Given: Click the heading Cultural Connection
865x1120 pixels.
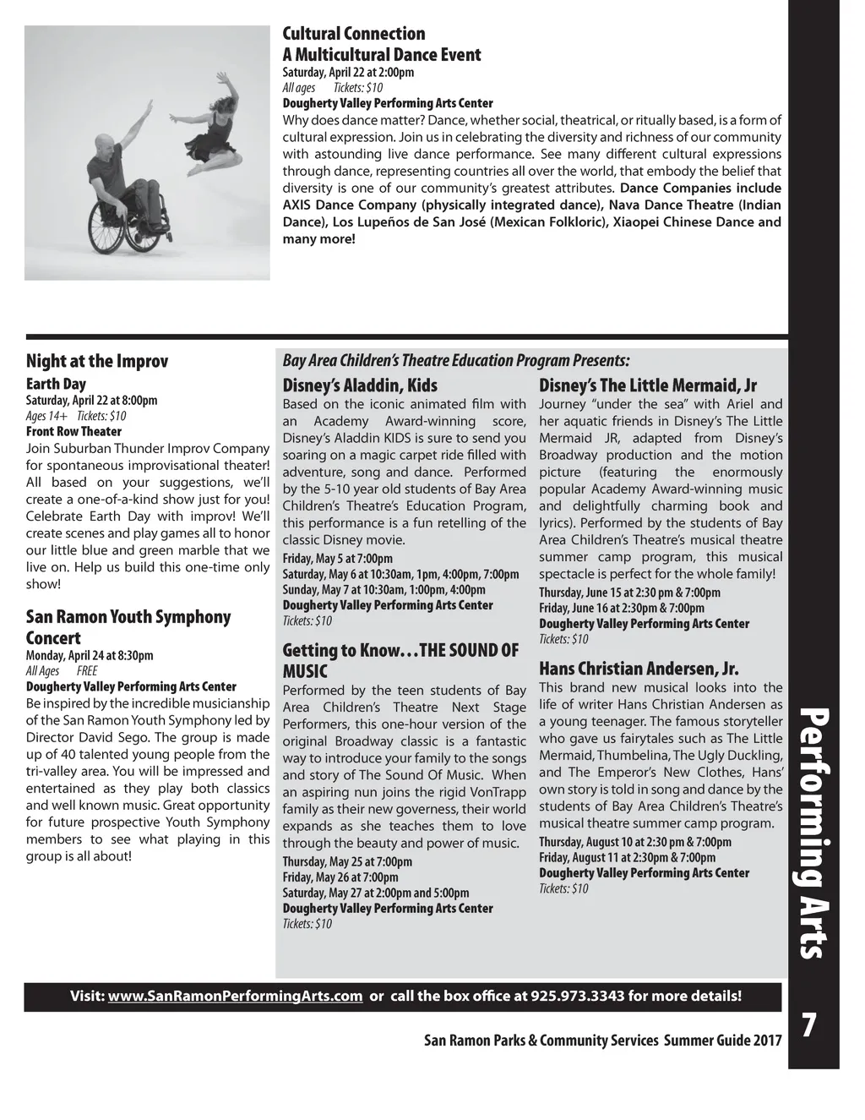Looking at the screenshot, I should coord(353,34).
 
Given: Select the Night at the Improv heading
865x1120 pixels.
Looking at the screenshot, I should coord(97,361).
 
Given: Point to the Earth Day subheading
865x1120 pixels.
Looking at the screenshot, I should coord(56,384).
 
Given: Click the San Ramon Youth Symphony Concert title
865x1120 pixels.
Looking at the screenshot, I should coord(128,626).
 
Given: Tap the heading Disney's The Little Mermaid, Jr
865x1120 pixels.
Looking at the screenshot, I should coord(648,385).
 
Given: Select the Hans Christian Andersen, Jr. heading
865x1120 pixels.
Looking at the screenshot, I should coord(639,669).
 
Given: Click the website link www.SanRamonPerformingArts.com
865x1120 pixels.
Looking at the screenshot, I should coord(236,996).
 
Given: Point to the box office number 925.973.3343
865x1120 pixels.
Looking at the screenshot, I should coord(578,996).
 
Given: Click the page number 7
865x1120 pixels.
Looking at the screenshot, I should coord(808,1025).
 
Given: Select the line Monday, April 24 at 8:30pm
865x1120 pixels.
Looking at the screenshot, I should coord(90,655).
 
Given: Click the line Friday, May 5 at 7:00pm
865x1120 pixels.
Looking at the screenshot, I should coord(337,558).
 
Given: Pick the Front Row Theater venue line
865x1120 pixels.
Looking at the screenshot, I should coord(73,431).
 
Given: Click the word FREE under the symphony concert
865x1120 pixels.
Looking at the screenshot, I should coord(87,671).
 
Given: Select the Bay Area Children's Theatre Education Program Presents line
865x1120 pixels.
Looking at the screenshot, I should coord(456,360).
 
